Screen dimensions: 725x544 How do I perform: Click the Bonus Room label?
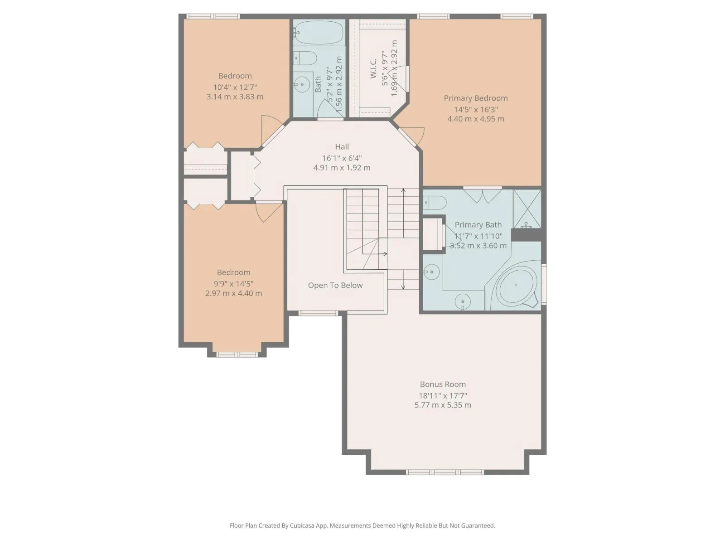tap(443, 384)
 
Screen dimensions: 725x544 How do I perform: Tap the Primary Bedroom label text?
tap(476, 98)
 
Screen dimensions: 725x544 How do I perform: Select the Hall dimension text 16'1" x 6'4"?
tap(342, 158)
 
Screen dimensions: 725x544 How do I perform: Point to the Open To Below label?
tap(335, 286)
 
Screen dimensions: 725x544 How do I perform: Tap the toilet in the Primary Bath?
tap(435, 203)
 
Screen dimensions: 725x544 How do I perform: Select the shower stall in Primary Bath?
tap(527, 209)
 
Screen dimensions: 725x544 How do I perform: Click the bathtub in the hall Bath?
tap(319, 32)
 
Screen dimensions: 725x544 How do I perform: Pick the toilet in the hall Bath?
tap(305, 58)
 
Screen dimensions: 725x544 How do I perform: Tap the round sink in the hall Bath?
tap(302, 85)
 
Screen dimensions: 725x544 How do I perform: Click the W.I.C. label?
tap(373, 69)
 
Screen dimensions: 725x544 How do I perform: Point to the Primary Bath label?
tap(478, 225)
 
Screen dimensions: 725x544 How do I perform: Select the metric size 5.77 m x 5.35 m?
tap(443, 405)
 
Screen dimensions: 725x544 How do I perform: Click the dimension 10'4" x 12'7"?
tap(235, 87)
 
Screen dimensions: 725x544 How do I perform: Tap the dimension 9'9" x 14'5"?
tap(233, 284)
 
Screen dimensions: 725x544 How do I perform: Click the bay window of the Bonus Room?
tap(445, 472)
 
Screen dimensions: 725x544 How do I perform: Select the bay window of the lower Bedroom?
tap(237, 355)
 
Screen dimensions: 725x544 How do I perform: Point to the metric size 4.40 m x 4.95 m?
tap(476, 119)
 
